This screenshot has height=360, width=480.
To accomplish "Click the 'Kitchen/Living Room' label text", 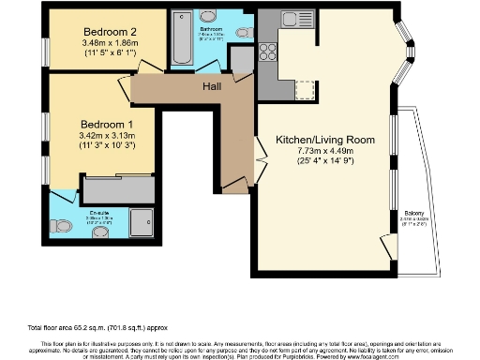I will click(x=324, y=140).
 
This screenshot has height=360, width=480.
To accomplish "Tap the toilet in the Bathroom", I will click(x=243, y=33).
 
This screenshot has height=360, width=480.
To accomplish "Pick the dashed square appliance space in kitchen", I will click(x=305, y=90).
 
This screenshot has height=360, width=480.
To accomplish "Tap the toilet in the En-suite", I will click(x=61, y=226).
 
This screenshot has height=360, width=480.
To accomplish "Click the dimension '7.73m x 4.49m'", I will click(x=324, y=154).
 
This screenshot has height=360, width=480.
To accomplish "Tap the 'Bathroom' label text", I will click(x=210, y=29).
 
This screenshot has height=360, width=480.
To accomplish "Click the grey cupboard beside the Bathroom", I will click(x=242, y=60).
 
